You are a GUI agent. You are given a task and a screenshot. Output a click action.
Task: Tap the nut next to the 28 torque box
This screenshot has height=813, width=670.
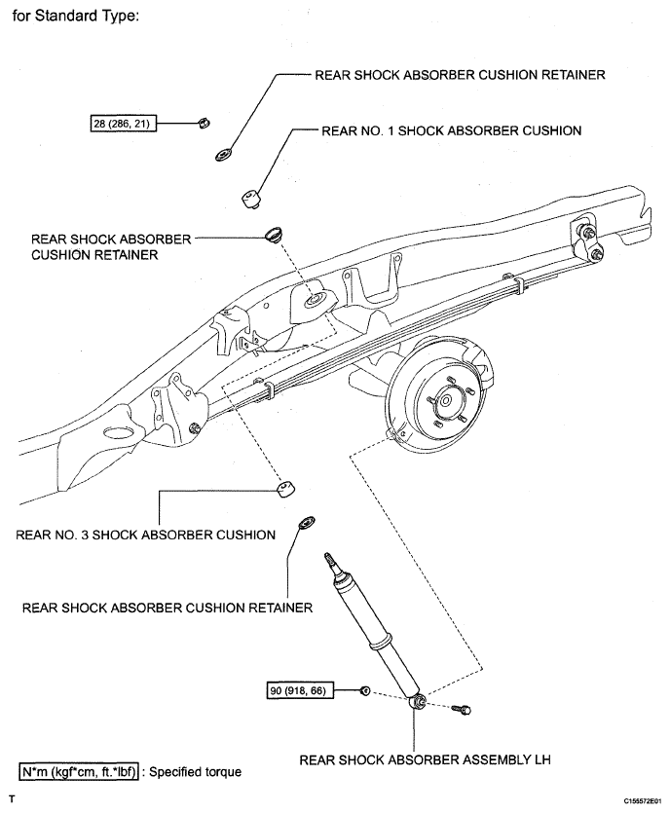pos(204,124)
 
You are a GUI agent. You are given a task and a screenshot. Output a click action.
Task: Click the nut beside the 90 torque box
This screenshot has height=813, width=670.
pos(365,690)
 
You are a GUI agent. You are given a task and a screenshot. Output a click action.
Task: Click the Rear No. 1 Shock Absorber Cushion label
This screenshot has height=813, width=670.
pos(451,130)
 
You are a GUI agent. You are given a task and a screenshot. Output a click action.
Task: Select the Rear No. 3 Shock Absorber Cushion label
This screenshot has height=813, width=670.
pos(146,535)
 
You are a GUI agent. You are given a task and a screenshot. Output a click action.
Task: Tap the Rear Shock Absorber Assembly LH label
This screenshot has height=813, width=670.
pos(425,759)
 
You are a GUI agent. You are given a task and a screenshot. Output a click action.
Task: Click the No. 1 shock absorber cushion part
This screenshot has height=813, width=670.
pos(252,199)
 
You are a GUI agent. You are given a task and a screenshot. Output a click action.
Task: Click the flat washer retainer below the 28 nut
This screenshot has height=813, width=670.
pos(224,155)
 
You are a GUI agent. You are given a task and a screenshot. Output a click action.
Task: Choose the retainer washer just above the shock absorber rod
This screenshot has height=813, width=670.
pos(306,523)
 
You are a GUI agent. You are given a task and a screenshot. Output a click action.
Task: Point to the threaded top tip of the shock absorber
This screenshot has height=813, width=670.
pos(329,559)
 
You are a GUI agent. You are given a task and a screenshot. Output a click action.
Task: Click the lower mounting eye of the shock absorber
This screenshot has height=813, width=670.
pos(418,702)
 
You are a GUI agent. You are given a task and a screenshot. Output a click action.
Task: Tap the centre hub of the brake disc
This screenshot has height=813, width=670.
pos(446,400)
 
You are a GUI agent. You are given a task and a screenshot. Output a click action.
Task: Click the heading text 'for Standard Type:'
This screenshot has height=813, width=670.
pos(75,17)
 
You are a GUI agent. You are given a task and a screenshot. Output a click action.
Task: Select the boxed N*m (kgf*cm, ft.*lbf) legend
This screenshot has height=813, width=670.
pos(79,771)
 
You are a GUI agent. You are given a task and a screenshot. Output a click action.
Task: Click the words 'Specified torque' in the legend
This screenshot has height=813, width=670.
pos(196,771)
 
